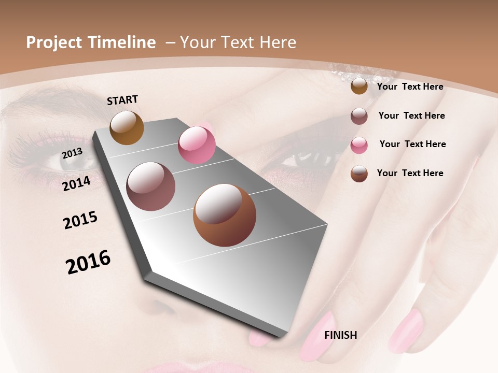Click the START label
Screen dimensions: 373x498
pyautogui.click(x=122, y=100)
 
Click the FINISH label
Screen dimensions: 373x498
pyautogui.click(x=340, y=335)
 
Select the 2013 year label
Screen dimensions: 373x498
pyautogui.click(x=73, y=153)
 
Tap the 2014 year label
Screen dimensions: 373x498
pyautogui.click(x=77, y=183)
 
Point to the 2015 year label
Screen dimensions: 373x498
pyautogui.click(x=80, y=220)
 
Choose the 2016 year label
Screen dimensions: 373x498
pyautogui.click(x=88, y=262)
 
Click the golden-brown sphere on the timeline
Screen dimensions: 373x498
pyautogui.click(x=127, y=127)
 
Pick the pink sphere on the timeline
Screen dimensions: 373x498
pyautogui.click(x=197, y=145)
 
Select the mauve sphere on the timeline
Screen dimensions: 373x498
pyautogui.click(x=150, y=187)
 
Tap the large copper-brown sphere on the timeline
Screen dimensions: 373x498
pyautogui.click(x=225, y=215)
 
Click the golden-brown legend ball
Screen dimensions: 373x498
pyautogui.click(x=359, y=87)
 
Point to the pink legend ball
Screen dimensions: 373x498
pyautogui.click(x=359, y=145)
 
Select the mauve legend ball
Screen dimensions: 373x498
pyautogui.click(x=359, y=116)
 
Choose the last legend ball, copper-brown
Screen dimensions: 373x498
pyautogui.click(x=359, y=174)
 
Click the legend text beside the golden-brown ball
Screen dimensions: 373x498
pyautogui.click(x=410, y=87)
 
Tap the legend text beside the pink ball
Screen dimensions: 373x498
pyautogui.click(x=412, y=144)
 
